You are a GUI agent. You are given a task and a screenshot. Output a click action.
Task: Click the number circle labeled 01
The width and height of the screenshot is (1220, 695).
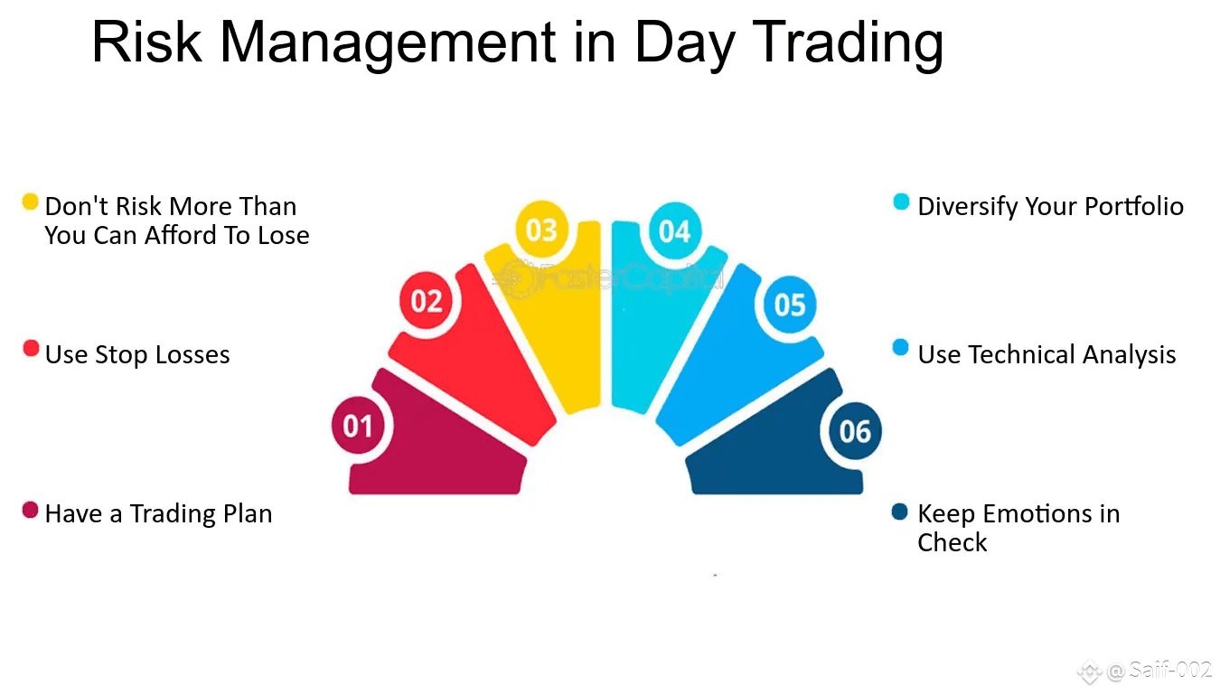pos(359,426)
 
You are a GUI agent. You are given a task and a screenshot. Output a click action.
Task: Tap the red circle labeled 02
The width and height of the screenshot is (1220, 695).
pos(427,301)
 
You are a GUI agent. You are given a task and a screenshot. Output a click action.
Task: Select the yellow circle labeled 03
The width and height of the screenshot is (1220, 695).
pos(541,230)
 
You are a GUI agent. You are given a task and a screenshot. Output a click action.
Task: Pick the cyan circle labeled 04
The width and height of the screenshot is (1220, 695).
pos(675,231)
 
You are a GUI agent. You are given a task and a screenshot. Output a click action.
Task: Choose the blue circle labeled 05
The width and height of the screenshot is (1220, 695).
pos(790,304)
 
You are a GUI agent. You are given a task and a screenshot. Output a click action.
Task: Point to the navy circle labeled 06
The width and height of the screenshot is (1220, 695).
pos(855,431)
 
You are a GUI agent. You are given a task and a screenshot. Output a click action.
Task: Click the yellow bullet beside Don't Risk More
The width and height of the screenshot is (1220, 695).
pos(31,202)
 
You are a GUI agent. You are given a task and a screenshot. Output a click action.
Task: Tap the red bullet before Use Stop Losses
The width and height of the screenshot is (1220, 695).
pos(31,348)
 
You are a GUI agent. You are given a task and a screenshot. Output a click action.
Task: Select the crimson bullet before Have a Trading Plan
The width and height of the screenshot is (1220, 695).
pos(31,511)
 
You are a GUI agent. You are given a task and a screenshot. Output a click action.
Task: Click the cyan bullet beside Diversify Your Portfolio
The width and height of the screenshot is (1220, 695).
pos(901,202)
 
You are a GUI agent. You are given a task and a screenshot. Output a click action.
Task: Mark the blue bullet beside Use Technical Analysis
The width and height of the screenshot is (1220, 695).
pos(901,347)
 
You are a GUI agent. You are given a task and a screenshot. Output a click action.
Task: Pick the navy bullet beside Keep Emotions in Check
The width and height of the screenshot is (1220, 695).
pos(900,512)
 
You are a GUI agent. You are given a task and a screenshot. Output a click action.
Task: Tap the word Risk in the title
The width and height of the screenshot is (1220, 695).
pos(147,42)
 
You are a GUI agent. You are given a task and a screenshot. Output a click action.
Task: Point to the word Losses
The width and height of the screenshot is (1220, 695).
pos(192,354)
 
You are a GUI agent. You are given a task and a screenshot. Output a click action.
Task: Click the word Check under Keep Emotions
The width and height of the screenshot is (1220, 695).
pos(952,542)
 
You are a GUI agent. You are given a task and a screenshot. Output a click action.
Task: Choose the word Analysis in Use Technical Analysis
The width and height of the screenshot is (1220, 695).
pos(1130,355)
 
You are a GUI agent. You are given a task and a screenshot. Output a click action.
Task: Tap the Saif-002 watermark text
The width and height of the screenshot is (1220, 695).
pos(1170,670)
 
